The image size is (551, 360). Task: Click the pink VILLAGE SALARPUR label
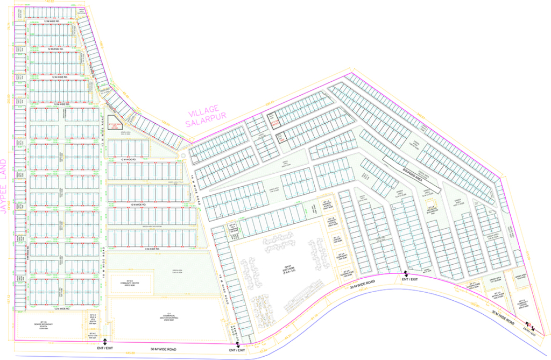coord(208,119)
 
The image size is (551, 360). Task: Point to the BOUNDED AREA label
coord(412,172)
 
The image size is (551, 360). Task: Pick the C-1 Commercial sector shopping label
coord(169,317)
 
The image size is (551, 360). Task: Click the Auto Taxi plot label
coord(93,335)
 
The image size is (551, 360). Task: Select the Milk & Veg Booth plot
coord(93,318)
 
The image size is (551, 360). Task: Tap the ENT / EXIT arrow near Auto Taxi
coord(105,341)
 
